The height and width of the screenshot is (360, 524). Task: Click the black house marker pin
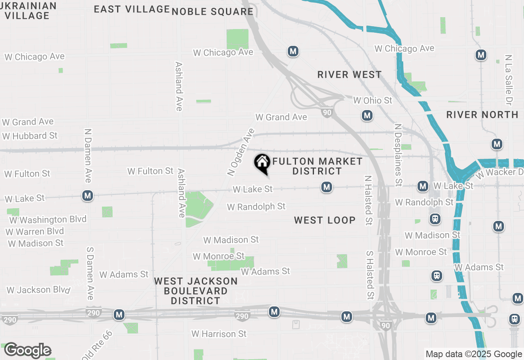coord(262,163)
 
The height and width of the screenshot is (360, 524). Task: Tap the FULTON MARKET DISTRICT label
coord(317,166)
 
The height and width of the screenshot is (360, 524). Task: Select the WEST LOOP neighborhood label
coord(325,220)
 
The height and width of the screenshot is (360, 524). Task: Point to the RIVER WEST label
coord(350,75)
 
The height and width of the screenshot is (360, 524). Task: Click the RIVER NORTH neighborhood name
coord(482,115)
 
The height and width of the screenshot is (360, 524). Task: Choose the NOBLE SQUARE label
coord(212,11)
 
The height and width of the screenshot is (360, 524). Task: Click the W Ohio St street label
coord(373,100)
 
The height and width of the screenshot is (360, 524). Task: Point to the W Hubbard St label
coord(30,136)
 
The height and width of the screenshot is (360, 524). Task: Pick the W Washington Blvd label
coord(48,220)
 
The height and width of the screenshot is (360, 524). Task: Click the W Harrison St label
coord(219,334)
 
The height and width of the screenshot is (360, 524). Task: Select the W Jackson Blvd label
coord(38,290)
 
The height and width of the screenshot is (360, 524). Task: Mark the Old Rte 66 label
coord(97,345)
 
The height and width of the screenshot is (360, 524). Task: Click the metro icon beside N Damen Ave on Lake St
coord(87,196)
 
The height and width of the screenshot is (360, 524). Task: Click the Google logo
coord(27,351)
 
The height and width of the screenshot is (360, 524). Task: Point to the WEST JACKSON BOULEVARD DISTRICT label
coord(196,291)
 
